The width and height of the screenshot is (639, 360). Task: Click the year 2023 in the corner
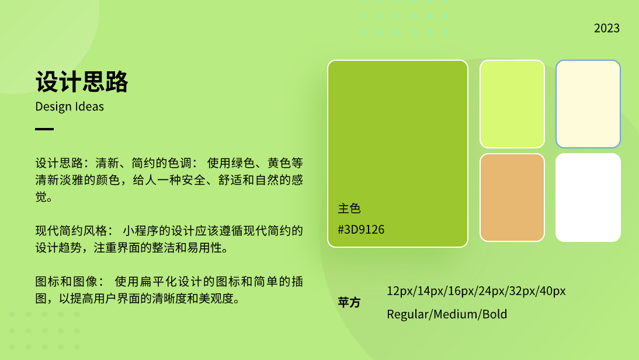click(606, 28)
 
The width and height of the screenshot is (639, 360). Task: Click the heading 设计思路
click(82, 82)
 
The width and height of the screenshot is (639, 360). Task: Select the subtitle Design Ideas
click(70, 107)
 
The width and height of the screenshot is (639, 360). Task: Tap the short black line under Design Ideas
click(44, 129)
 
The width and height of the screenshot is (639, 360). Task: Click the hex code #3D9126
click(361, 230)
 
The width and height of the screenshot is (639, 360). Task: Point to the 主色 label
click(349, 209)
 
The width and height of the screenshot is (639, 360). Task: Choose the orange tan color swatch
click(512, 198)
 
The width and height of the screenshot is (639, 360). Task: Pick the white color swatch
click(588, 198)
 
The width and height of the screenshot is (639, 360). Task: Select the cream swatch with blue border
click(588, 104)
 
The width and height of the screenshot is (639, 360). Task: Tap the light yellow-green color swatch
click(512, 104)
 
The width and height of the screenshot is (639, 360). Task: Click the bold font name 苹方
click(349, 303)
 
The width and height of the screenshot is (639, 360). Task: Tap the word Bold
click(495, 314)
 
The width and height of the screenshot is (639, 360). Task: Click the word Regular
click(408, 315)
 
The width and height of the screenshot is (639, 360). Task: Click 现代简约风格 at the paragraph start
click(65, 231)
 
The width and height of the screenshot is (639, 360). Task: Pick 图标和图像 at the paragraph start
click(60, 282)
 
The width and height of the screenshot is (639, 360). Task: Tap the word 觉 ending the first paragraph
click(41, 197)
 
